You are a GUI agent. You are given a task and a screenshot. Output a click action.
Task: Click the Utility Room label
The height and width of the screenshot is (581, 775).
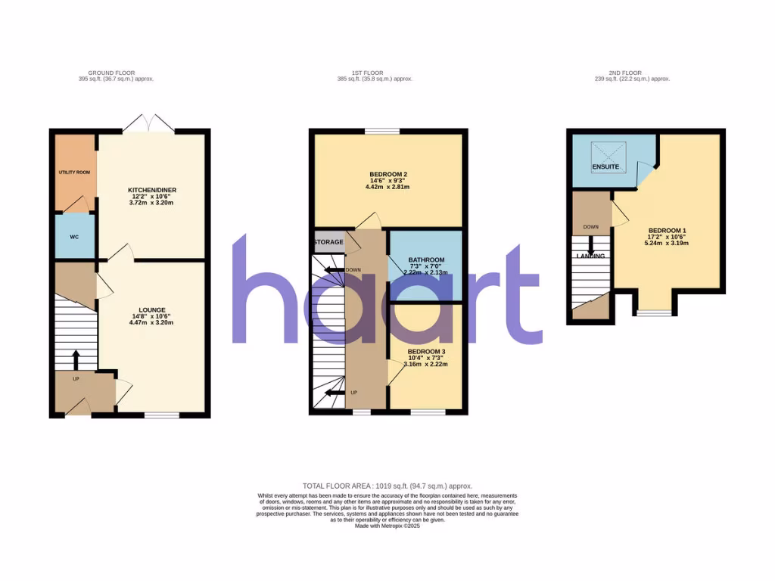coord(74,172)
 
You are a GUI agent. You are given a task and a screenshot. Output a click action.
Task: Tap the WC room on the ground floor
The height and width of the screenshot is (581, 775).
coord(74,237)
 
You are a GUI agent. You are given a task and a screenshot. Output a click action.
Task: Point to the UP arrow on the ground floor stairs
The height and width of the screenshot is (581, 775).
coord(76,357)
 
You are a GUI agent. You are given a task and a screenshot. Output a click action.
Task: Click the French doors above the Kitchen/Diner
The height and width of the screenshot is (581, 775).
coord(148,122)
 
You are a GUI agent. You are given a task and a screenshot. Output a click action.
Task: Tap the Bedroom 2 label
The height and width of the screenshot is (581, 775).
coord(386,174)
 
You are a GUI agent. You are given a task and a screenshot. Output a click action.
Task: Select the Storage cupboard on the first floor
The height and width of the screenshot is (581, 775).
coord(328,242)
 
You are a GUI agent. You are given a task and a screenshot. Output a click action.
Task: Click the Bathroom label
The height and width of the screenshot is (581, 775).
coord(426,260)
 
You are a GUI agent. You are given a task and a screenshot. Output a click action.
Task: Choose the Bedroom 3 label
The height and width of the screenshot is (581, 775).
coord(426,352)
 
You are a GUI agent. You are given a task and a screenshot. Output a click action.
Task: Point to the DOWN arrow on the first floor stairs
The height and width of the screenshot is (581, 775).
coord(331,269)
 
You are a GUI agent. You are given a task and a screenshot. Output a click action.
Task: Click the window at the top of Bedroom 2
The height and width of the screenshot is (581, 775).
coord(381,131)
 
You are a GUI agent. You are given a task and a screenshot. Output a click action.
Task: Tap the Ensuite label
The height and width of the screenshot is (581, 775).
coord(605,166)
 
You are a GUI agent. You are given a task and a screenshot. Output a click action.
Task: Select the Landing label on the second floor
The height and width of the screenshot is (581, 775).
coord(590,256)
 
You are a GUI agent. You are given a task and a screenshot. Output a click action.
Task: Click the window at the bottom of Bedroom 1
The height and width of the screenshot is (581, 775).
coord(652,311)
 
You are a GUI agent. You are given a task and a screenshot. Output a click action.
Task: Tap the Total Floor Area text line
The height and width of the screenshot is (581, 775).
coord(387,486)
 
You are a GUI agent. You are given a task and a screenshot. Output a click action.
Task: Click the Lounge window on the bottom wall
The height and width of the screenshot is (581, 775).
coord(161,414)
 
